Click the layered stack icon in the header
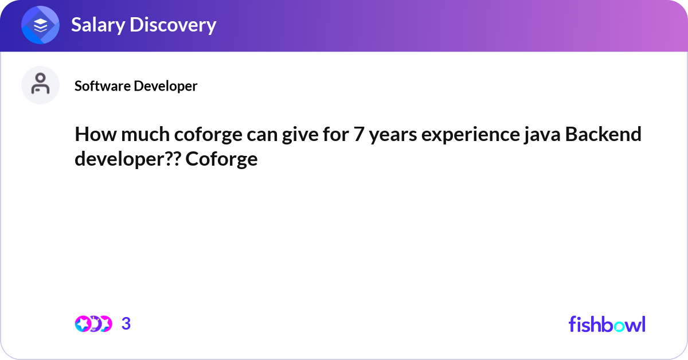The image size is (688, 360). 40,25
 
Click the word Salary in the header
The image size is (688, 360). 98,25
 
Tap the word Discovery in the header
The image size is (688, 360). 173,25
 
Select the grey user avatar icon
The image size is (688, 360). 40,85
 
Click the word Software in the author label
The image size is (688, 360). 103,85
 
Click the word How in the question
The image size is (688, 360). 96,135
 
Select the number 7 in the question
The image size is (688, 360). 359,135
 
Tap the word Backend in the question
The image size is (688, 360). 603,135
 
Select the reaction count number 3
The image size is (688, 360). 126,323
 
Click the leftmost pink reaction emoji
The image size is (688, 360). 83,324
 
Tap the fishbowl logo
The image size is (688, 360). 607,324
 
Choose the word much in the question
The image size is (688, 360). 145,135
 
